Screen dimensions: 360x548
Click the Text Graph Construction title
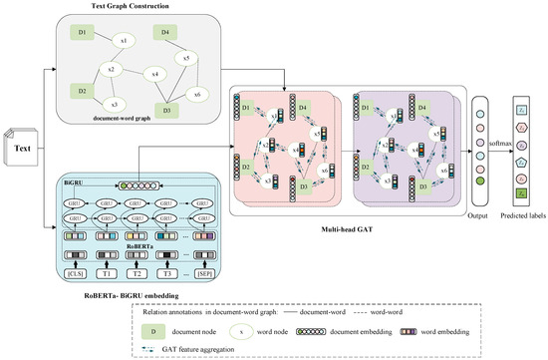click(x=147, y=9)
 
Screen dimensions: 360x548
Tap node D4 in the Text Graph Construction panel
click(x=161, y=33)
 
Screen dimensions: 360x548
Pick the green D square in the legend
click(x=148, y=324)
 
